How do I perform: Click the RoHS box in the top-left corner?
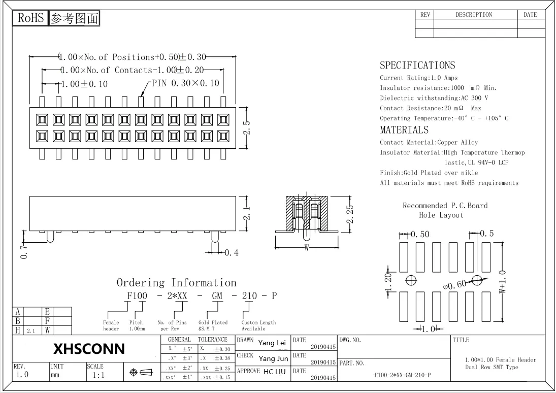coord(30,18)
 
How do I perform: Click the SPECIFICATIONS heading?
coord(417,65)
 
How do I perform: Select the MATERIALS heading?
coord(404,130)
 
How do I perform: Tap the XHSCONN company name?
coord(89,349)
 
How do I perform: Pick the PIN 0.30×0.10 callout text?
coord(186,83)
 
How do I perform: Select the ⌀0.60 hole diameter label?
coord(454,285)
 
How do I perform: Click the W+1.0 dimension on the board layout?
coord(503,282)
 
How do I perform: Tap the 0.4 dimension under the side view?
coord(231,252)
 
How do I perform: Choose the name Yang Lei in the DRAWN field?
coord(272,343)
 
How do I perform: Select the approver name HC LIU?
coord(275,372)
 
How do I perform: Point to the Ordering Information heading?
coord(177,283)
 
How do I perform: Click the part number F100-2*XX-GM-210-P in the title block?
coord(402,376)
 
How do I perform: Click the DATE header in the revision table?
coord(530,15)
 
